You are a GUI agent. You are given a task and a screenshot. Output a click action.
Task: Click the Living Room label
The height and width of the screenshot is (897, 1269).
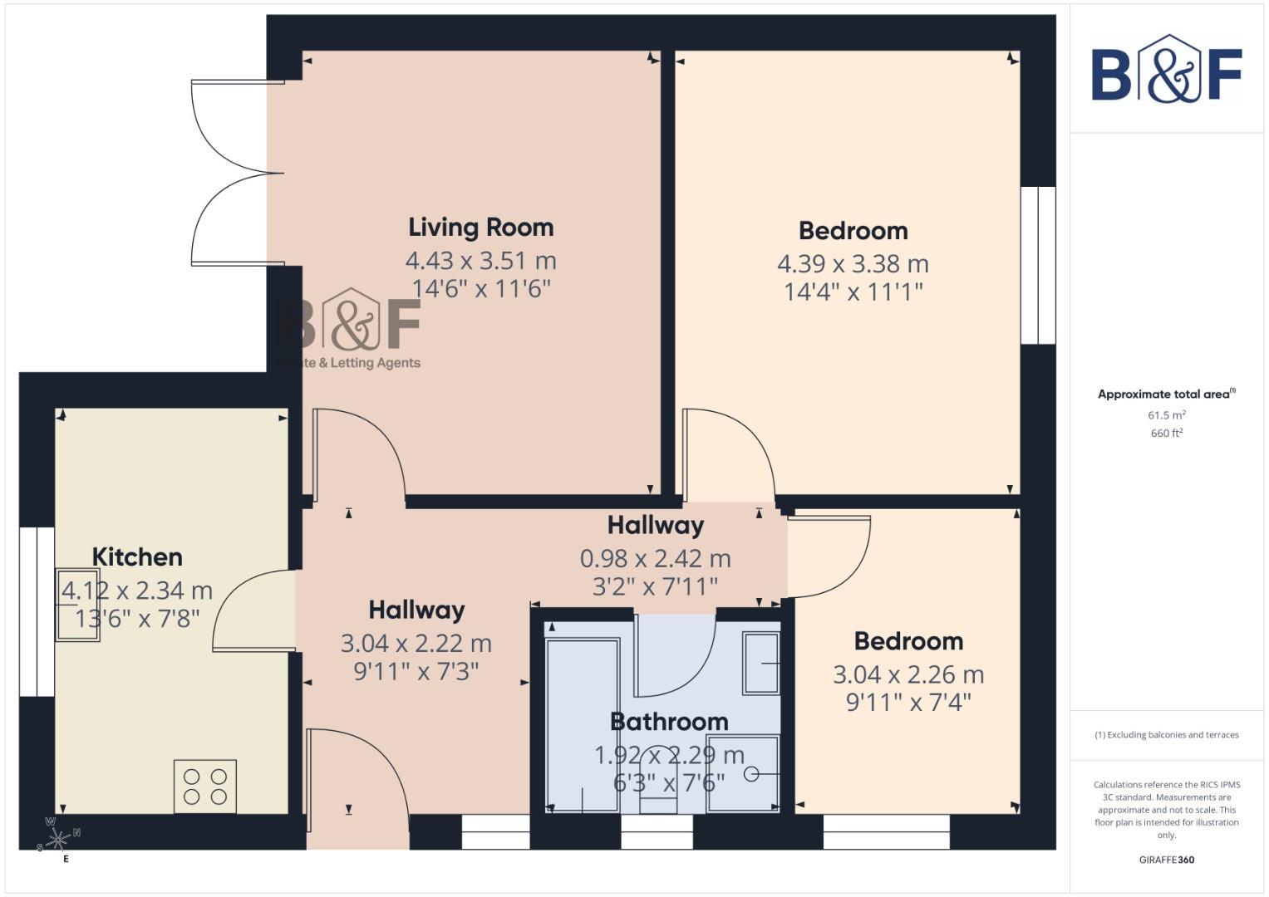click(x=480, y=228)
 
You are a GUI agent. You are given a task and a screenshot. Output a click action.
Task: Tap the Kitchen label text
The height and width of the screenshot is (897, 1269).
click(x=137, y=556)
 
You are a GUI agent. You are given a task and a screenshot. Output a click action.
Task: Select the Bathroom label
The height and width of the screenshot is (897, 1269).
click(x=669, y=721)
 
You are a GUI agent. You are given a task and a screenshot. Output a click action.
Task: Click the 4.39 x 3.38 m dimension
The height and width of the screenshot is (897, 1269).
click(x=853, y=264)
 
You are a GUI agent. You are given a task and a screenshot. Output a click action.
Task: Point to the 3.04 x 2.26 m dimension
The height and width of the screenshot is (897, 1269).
click(x=908, y=674)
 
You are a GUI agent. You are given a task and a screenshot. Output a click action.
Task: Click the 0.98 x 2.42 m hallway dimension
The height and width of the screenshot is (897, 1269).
click(x=655, y=558)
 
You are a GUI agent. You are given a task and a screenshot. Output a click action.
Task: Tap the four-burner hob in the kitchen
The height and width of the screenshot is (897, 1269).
click(x=205, y=787)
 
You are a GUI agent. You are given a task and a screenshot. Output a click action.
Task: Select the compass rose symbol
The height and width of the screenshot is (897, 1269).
click(x=57, y=840)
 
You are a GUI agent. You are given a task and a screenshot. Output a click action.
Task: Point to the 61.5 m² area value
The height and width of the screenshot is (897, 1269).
click(x=1166, y=415)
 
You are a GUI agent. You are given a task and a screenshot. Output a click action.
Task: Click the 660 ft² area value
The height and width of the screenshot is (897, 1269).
click(x=1166, y=434)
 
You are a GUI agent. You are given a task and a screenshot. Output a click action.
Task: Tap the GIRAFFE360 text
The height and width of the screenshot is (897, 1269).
click(x=1166, y=860)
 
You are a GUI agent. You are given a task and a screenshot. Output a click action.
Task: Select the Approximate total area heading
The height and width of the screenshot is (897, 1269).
click(x=1166, y=395)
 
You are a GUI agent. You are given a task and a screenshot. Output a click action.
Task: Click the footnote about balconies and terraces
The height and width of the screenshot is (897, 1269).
click(x=1166, y=735)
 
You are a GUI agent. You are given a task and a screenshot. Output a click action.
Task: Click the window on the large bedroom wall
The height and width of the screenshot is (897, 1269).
click(x=1038, y=265)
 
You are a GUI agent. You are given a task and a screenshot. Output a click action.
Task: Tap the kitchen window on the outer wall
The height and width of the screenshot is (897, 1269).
click(x=37, y=611)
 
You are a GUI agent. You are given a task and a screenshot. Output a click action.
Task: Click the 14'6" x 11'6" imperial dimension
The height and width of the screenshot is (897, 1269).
click(x=481, y=289)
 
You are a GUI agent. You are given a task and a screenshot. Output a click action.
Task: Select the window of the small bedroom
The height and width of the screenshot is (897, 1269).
click(x=886, y=831)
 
